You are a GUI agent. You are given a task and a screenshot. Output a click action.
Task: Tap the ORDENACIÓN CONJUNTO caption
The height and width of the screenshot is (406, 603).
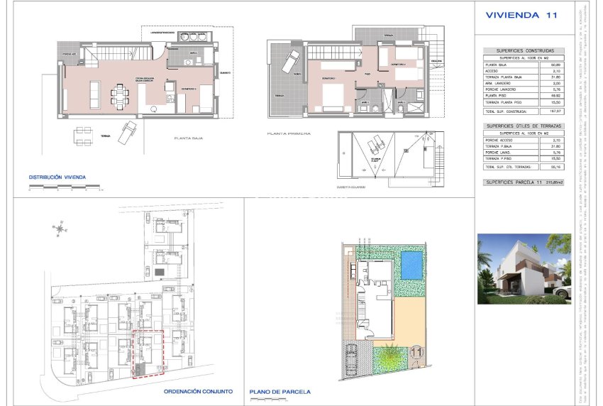point(198,391)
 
